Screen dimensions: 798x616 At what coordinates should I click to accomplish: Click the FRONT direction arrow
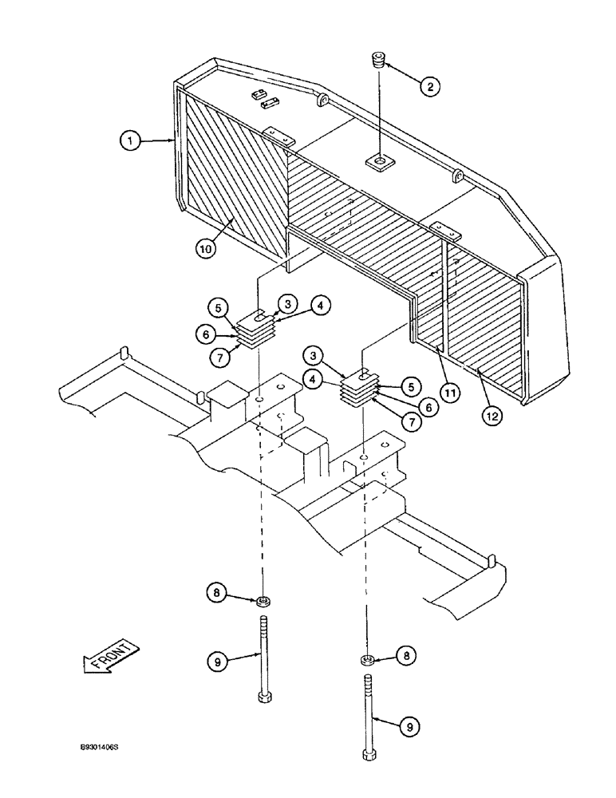click(x=110, y=659)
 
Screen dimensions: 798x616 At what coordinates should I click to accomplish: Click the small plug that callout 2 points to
click(x=378, y=61)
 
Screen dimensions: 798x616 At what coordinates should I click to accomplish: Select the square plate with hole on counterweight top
click(x=379, y=164)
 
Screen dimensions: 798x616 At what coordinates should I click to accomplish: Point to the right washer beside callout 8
click(x=366, y=658)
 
